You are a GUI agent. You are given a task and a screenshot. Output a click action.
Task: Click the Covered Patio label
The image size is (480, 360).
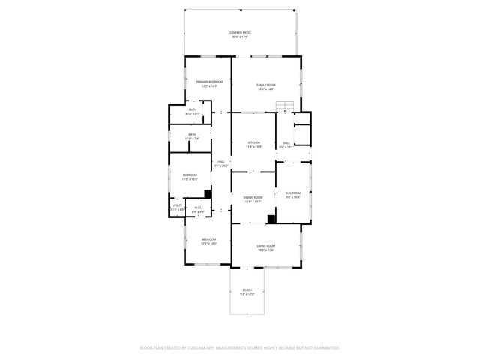click(240, 33)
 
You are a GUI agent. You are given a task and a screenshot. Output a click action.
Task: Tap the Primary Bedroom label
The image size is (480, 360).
click(208, 81)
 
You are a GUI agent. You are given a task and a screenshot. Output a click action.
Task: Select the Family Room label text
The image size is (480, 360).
click(266, 85)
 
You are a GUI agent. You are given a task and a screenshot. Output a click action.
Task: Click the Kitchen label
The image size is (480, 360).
click(254, 142)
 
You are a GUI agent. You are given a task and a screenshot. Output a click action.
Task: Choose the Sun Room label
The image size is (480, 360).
click(292, 193)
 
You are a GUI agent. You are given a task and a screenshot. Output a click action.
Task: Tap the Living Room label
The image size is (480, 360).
click(266, 246)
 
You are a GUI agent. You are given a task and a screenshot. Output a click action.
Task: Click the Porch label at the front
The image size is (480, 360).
click(247, 289)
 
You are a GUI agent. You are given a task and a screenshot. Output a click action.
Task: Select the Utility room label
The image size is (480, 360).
click(177, 205)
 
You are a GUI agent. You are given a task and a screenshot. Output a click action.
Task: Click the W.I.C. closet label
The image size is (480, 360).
click(198, 208)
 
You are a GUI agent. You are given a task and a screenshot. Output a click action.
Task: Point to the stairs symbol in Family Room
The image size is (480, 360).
click(284, 106)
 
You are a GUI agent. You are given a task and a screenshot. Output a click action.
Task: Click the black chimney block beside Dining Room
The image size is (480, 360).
click(271, 219)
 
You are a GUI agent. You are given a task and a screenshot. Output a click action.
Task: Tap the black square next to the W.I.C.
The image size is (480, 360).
click(208, 193)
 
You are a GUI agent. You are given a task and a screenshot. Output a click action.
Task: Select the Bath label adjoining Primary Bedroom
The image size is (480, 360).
click(193, 110)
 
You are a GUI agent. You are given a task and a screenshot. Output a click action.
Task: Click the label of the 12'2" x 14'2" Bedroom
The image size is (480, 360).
click(208, 239)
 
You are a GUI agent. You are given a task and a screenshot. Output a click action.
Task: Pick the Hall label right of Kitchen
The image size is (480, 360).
click(286, 142)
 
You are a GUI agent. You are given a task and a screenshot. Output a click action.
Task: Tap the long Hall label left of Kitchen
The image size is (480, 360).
click(221, 162)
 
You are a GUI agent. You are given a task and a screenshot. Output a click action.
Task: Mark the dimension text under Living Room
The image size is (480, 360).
click(266, 250)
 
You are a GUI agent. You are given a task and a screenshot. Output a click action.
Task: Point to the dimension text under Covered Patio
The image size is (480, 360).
click(240, 37)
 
